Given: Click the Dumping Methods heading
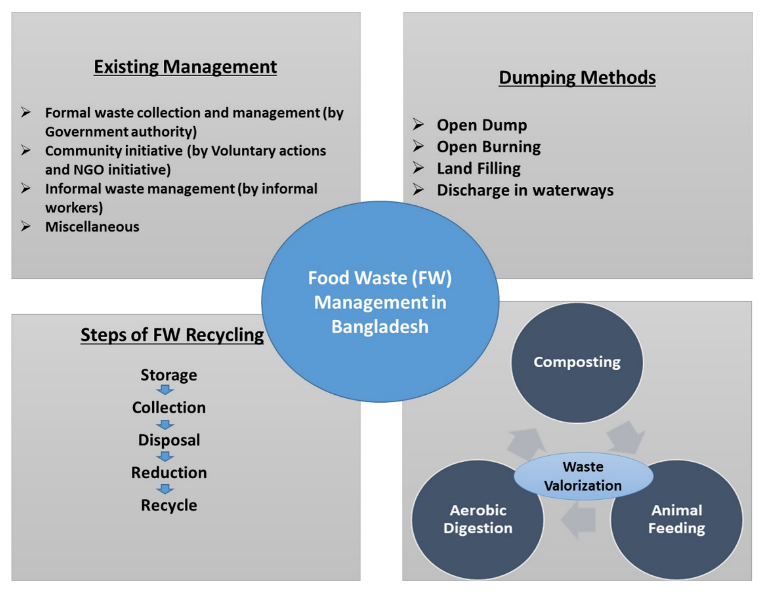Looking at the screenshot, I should (577, 77).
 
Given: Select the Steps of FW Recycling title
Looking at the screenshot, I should (172, 335).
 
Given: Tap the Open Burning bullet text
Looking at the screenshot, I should (488, 147).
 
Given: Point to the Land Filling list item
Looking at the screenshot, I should (479, 168).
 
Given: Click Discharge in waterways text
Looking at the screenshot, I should (525, 190).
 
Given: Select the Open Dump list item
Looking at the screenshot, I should (482, 125).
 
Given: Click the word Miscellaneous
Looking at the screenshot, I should (92, 227).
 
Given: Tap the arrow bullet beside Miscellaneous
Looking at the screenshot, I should (26, 226).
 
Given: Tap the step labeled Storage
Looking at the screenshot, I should (169, 375).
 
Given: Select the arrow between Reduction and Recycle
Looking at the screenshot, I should (165, 489).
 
